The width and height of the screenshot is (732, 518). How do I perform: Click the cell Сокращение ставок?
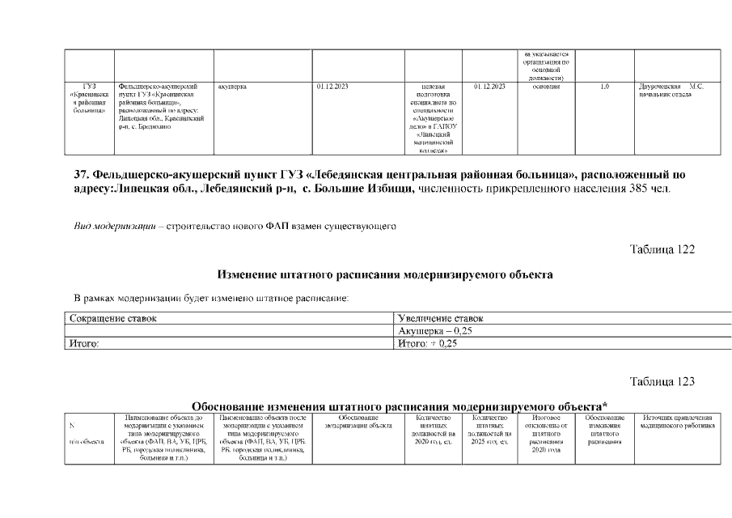click(112, 319)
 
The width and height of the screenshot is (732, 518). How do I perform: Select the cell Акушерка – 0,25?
click(438, 331)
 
